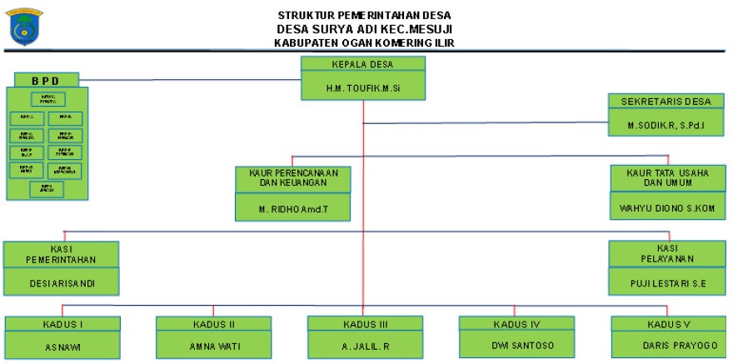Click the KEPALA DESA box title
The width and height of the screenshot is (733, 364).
[363, 64]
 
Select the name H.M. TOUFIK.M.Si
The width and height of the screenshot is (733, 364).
[363, 86]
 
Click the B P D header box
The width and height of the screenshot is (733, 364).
[47, 80]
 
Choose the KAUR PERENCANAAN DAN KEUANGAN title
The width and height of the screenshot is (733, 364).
[292, 177]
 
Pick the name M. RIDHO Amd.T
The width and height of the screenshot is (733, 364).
[292, 207]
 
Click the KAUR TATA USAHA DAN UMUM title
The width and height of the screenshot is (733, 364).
[666, 177]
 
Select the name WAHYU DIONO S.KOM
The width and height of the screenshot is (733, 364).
[666, 207]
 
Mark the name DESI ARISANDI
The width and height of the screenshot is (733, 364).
[62, 283]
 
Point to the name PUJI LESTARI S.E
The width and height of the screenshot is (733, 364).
[667, 283]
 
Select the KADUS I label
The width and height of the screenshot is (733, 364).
[62, 323]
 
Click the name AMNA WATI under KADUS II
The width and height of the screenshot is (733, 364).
[213, 344]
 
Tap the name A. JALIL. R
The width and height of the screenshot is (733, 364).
[364, 345]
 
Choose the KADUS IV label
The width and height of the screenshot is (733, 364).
[516, 323]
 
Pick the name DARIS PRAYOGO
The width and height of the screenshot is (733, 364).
[667, 344]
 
